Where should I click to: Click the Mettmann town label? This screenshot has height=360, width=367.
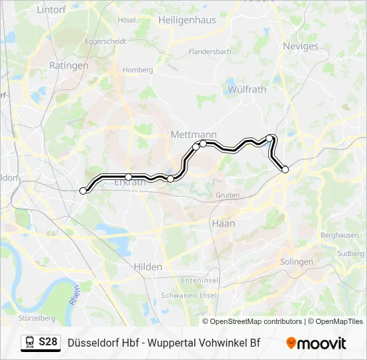point(194,135)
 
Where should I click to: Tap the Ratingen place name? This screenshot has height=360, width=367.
point(69,66)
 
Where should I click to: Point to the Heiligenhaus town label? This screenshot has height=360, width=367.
point(187,20)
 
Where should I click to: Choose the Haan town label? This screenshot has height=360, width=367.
point(223,223)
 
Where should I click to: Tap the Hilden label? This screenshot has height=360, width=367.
point(147,267)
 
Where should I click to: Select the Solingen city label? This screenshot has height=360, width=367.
point(296,262)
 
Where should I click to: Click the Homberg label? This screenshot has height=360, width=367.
point(137,70)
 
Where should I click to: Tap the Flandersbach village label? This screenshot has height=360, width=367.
point(210,51)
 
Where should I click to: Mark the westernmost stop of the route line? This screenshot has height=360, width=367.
point(83,191)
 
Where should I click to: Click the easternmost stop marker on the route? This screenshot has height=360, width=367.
point(286,169)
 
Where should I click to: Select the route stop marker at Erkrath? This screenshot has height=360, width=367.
point(128,177)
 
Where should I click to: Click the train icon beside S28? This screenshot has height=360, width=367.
point(30,342)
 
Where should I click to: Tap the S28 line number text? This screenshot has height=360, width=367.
point(48,342)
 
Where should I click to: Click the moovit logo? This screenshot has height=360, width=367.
point(316,343)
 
